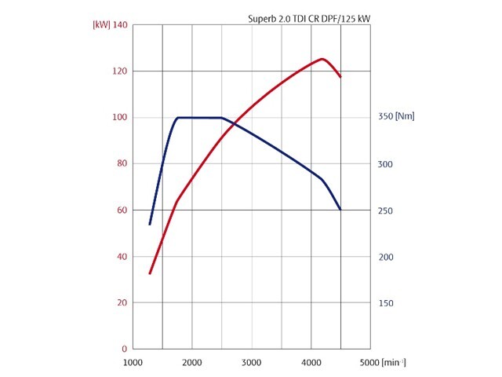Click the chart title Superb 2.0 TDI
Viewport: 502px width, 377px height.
pyautogui.click(x=309, y=19)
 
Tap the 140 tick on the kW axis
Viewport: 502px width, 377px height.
pyautogui.click(x=120, y=24)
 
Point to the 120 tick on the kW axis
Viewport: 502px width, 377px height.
pyautogui.click(x=120, y=71)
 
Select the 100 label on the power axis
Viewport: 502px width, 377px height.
pyautogui.click(x=120, y=117)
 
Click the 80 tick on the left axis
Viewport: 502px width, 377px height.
pyautogui.click(x=122, y=163)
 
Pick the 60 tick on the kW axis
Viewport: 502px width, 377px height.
pyautogui.click(x=122, y=210)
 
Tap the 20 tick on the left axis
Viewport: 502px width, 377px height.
pyautogui.click(x=122, y=302)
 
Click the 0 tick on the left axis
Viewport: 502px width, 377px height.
pyautogui.click(x=125, y=349)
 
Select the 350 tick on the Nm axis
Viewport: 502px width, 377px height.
pyautogui.click(x=385, y=116)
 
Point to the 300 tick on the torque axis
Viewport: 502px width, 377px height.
pyautogui.click(x=385, y=164)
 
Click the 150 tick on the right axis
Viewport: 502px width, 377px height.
pyautogui.click(x=385, y=303)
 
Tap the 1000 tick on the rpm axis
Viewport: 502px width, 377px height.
pyautogui.click(x=133, y=363)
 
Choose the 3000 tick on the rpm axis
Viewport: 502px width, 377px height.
pyautogui.click(x=251, y=363)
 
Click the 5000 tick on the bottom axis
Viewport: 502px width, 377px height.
pyautogui.click(x=369, y=363)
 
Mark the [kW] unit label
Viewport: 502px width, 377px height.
pyautogui.click(x=101, y=24)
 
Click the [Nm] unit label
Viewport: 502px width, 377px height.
pyautogui.click(x=405, y=116)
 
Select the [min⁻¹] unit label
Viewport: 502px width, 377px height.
pyautogui.click(x=394, y=363)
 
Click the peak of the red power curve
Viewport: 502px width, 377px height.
pyautogui.click(x=322, y=59)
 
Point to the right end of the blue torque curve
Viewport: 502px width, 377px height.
pyautogui.click(x=340, y=210)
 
